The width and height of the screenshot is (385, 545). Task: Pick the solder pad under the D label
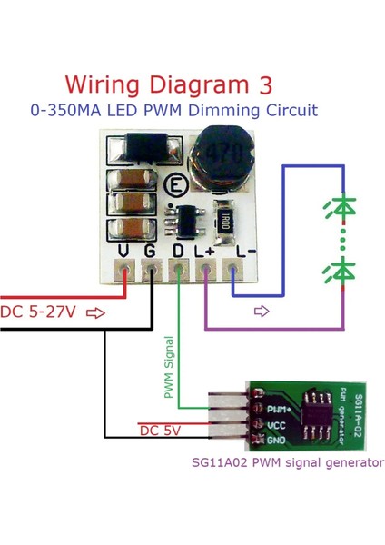point(179,270)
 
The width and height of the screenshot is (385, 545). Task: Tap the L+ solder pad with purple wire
point(207,270)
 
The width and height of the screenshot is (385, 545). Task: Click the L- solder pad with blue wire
point(234,270)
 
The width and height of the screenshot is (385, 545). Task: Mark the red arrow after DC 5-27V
point(95,312)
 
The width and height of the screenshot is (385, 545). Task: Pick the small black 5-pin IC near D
point(185,219)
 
